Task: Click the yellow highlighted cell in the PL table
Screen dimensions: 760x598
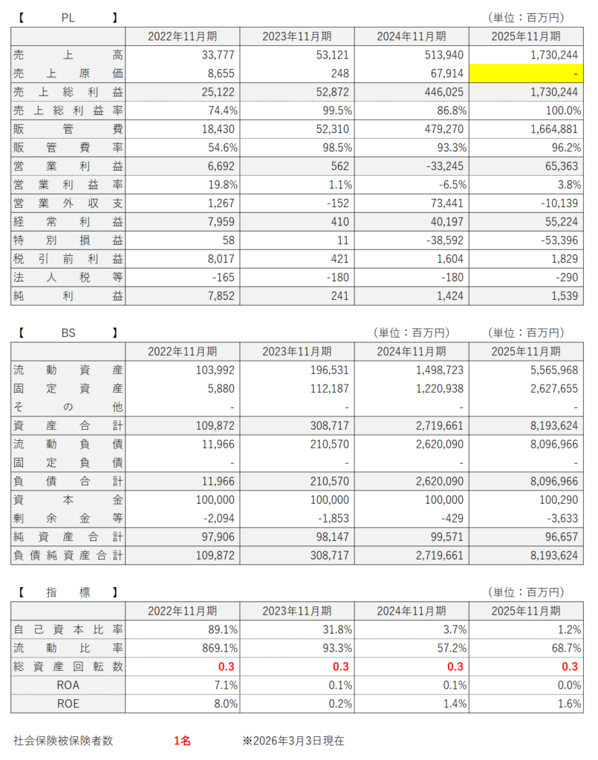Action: tap(526, 73)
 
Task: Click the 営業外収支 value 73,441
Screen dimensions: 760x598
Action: tap(444, 203)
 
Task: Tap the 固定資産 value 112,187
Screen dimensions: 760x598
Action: tap(325, 388)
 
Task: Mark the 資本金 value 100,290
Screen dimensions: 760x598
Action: tap(557, 499)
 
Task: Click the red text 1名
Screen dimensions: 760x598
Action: tap(183, 740)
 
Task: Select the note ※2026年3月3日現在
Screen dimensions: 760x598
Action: tap(293, 740)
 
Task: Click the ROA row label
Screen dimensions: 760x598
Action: tap(68, 685)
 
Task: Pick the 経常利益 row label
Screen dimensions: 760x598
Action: tap(68, 222)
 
